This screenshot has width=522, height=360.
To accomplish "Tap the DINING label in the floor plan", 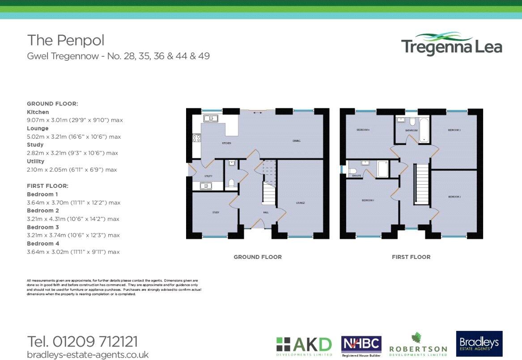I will pos(297,141).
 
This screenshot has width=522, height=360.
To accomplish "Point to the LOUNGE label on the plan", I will pos(300,203).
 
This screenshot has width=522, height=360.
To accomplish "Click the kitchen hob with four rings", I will pos(196,138).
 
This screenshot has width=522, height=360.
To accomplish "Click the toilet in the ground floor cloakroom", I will pos(231,182).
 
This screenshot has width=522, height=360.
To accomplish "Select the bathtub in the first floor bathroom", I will pos(423,130).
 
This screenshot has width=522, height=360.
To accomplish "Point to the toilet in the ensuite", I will pos(352,171).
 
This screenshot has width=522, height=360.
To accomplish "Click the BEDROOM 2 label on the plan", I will pos(454,197).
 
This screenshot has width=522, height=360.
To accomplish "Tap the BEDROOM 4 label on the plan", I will pos(363,130).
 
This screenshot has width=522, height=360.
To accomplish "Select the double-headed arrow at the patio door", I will pos(258,113).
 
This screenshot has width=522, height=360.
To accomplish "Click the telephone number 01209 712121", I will pos(83,342).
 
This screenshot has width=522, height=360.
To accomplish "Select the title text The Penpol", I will pos(66,40).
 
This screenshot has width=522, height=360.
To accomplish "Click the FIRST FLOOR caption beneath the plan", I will pos(411,257).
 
